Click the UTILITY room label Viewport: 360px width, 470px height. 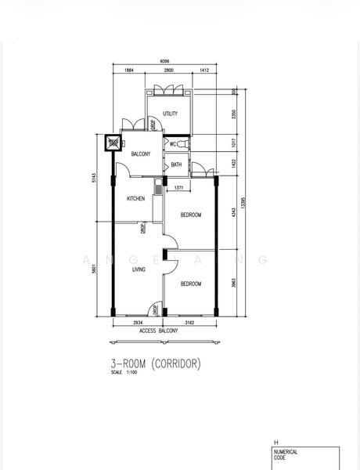pyautogui.click(x=171, y=114)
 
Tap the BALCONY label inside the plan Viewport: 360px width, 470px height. pyautogui.click(x=140, y=154)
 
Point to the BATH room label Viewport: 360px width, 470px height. pyautogui.click(x=176, y=164)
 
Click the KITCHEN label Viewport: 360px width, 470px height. pyautogui.click(x=136, y=199)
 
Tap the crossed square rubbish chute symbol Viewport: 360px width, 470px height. pyautogui.click(x=114, y=143)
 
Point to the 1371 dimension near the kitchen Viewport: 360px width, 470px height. pyautogui.click(x=178, y=188)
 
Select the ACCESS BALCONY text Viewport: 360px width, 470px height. pyautogui.click(x=159, y=331)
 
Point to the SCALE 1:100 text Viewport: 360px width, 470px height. pyautogui.click(x=124, y=373)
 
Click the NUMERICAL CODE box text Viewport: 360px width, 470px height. pyautogui.click(x=286, y=455)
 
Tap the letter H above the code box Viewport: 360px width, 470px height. pyautogui.click(x=275, y=443)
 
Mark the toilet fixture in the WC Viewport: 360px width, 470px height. pyautogui.click(x=182, y=144)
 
